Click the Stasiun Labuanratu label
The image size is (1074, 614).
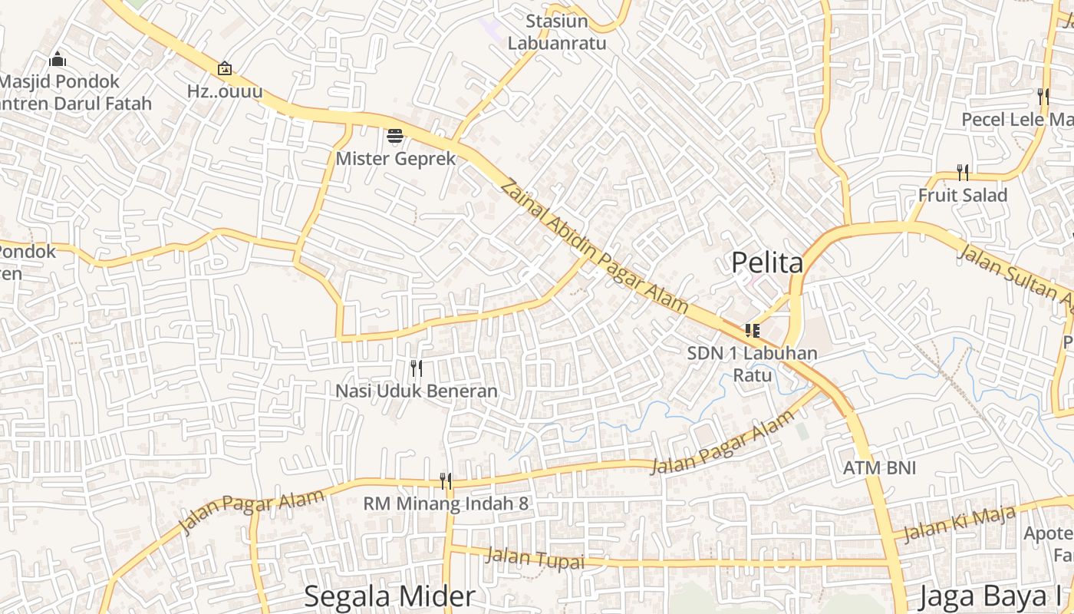click(x=557, y=32)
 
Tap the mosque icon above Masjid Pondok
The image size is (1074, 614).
click(x=57, y=59)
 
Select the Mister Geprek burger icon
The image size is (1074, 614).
click(x=395, y=137)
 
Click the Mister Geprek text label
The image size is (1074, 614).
click(x=396, y=159)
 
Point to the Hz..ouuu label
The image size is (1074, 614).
click(x=225, y=91)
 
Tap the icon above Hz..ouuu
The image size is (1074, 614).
click(x=224, y=69)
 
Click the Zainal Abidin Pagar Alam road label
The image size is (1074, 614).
click(x=594, y=246)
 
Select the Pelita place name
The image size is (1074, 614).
click(x=767, y=262)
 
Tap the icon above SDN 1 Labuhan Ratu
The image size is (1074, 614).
click(x=752, y=331)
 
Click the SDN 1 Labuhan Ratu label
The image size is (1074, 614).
click(x=752, y=364)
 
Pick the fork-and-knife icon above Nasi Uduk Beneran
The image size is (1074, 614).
click(x=417, y=368)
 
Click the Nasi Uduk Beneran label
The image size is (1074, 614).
click(x=417, y=391)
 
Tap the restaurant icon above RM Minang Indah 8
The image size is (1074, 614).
click(x=446, y=481)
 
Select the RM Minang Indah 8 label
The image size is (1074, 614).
click(x=446, y=504)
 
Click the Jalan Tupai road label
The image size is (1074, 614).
click(x=535, y=558)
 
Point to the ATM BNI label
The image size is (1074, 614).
click(x=879, y=468)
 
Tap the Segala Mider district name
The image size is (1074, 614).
click(x=390, y=596)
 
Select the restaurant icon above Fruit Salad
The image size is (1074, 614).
click(x=963, y=173)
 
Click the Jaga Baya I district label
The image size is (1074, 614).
click(x=990, y=596)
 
